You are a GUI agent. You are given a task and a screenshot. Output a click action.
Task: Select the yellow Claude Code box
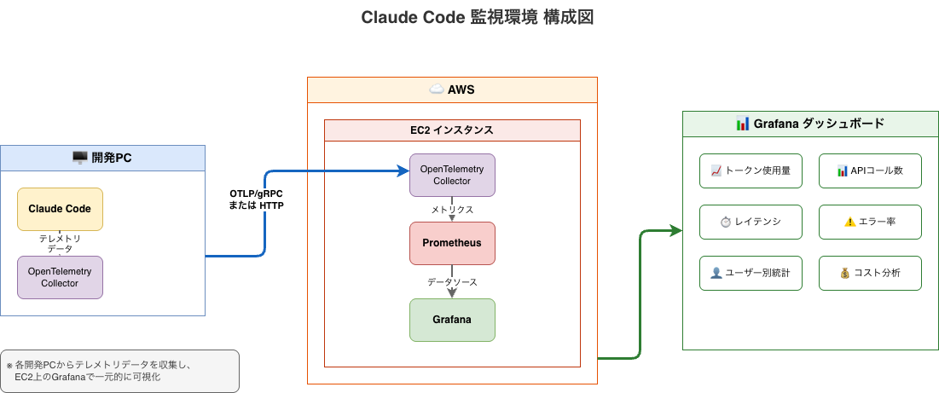60,209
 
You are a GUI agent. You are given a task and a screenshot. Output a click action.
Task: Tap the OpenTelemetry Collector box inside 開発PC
60,277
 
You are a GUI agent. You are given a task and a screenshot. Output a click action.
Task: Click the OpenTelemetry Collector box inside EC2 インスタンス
452,175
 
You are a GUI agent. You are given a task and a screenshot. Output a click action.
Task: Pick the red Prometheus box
452,243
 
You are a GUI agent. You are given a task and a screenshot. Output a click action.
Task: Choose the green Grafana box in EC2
452,320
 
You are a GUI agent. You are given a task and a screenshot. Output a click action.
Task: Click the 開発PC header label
102,158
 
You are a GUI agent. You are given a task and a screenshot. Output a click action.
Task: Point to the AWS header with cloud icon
452,90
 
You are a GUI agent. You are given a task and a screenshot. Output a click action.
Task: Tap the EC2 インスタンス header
452,130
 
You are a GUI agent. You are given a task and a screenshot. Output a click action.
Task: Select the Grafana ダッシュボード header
809,124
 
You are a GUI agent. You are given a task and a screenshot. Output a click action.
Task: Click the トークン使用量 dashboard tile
751,170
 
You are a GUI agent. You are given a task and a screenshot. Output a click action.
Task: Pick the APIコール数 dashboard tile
870,170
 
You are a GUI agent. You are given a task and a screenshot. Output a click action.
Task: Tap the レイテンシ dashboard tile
751,222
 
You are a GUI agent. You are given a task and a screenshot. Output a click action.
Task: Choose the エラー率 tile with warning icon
870,222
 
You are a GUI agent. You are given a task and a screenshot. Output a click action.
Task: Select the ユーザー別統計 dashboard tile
751,273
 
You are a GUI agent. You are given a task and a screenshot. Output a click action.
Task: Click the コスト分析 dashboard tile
870,273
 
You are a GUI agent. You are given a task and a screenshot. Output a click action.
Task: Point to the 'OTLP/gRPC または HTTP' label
257,199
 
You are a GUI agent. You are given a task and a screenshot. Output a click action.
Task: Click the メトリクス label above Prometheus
452,208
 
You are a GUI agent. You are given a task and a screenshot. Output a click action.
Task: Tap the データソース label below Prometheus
452,281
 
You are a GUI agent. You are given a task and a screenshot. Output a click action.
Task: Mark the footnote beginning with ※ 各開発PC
119,371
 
